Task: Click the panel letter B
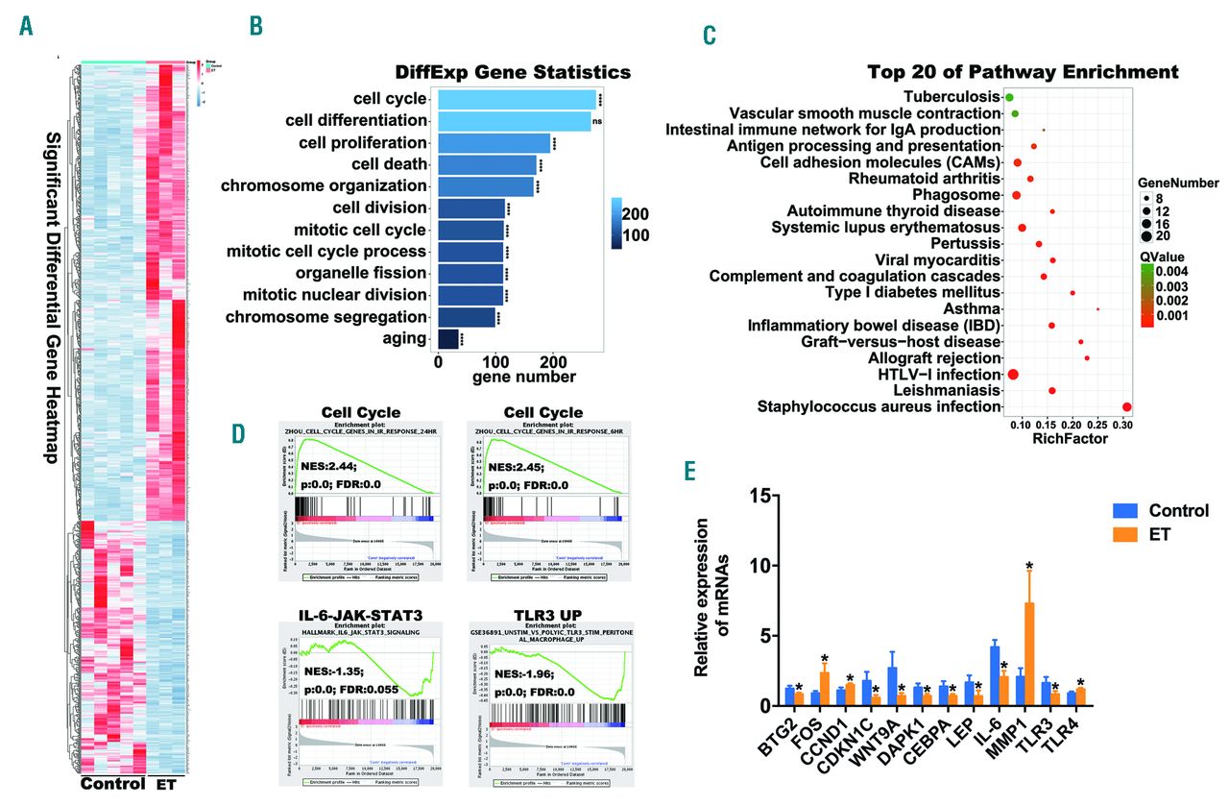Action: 256,26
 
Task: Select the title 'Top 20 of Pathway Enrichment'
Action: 1023,72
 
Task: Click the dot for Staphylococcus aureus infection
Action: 1127,407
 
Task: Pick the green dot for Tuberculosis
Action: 1010,98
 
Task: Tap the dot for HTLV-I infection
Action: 1013,374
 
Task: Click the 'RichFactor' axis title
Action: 1069,439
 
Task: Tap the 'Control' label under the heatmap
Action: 112,784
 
